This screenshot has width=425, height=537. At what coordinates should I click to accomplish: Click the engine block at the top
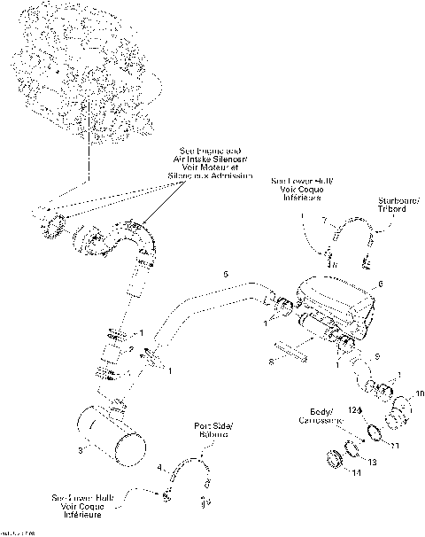coord(84,66)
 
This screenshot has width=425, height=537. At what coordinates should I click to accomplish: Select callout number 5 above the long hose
coord(226,276)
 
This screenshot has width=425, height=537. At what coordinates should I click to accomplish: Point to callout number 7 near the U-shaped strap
coord(324,219)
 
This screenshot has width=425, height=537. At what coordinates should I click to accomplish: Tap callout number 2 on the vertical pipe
coord(132,350)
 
